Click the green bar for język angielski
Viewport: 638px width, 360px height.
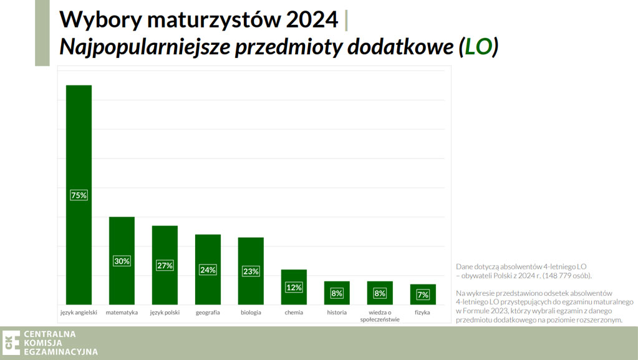point(79,137)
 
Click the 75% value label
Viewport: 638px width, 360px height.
point(79,195)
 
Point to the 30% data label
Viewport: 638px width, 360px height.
point(122,261)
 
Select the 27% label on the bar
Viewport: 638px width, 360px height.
point(165,265)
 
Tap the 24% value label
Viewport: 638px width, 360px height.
point(208,270)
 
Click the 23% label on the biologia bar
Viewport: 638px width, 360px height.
point(251,271)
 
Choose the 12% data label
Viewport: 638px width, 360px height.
point(294,288)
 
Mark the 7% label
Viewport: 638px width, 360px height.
point(423,294)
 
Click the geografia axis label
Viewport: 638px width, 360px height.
point(208,313)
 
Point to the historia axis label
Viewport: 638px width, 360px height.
point(337,313)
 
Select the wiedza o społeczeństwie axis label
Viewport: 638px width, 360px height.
point(380,316)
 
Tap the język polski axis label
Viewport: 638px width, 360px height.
point(165,313)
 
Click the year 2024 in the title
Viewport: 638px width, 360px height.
point(312,20)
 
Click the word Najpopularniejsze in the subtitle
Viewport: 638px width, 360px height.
point(143,47)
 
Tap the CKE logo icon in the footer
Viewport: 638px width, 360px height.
point(11,343)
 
